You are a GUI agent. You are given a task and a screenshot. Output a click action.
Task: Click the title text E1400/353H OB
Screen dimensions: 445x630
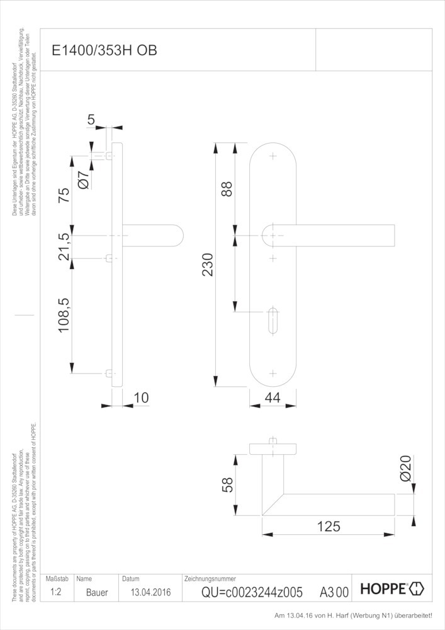click(x=104, y=50)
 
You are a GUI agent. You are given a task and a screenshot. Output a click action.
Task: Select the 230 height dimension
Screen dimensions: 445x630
click(x=208, y=265)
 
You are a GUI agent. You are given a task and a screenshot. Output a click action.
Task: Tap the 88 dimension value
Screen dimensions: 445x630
click(x=227, y=189)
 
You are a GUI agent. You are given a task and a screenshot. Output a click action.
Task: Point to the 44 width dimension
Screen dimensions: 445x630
click(x=273, y=398)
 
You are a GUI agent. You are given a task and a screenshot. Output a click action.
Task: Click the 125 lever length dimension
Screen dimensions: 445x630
click(x=328, y=526)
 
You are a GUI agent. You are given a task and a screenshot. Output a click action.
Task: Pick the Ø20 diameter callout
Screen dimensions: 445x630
click(x=406, y=469)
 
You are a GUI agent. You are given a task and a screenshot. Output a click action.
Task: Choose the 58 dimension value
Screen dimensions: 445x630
click(x=227, y=485)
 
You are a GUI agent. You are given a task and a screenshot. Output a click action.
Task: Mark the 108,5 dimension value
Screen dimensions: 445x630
click(x=64, y=316)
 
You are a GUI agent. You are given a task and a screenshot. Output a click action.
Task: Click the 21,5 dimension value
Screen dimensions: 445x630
click(x=64, y=247)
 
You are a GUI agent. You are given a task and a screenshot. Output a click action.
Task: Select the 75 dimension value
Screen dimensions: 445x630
click(x=64, y=195)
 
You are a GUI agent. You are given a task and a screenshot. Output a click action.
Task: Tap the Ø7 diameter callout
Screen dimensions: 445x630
click(x=82, y=179)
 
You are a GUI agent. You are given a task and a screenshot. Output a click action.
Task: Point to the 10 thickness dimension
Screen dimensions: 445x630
click(x=141, y=398)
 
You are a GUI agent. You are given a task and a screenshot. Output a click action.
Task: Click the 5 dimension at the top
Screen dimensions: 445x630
click(x=91, y=120)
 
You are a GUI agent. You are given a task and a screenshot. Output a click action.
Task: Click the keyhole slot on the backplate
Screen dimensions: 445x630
click(x=273, y=321)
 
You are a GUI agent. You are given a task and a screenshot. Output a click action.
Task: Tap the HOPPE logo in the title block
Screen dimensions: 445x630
click(x=392, y=588)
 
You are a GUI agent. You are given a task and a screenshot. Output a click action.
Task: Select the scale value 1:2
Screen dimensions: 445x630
click(x=56, y=592)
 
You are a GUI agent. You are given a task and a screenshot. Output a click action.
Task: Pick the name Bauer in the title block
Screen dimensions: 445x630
click(x=97, y=592)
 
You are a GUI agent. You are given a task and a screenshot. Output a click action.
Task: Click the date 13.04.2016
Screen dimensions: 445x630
click(x=151, y=592)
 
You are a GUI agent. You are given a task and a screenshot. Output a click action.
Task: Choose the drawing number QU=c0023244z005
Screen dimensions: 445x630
click(x=252, y=592)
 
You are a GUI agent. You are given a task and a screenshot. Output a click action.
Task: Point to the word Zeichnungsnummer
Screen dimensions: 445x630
click(x=210, y=579)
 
